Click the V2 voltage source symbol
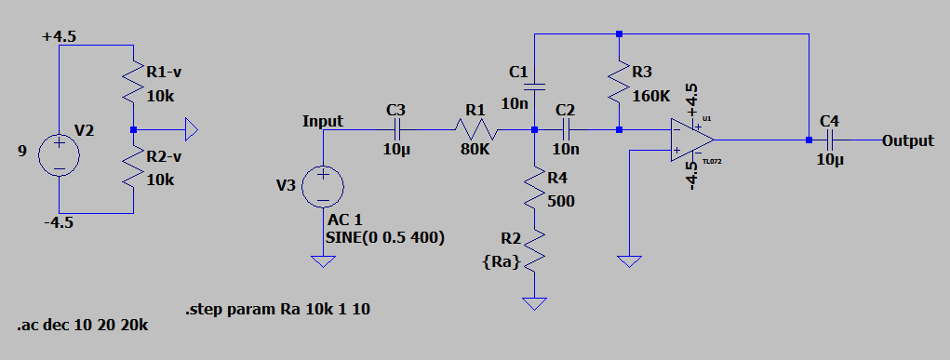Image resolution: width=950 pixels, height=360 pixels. pyautogui.click(x=59, y=155)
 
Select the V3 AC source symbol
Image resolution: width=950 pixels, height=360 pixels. pyautogui.click(x=323, y=186)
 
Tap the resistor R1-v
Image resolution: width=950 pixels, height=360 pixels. pyautogui.click(x=134, y=81)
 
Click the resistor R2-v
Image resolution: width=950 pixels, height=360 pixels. pyautogui.click(x=134, y=167)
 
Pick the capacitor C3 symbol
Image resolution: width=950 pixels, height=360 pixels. pyautogui.click(x=398, y=129)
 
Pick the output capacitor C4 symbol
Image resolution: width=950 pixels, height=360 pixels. pyautogui.click(x=829, y=140)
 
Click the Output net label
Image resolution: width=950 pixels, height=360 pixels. pyautogui.click(x=907, y=140)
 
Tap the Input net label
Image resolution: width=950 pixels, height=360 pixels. pyautogui.click(x=322, y=121)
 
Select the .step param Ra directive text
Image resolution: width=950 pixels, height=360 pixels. pyautogui.click(x=278, y=309)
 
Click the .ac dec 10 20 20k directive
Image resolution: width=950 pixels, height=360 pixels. pyautogui.click(x=82, y=326)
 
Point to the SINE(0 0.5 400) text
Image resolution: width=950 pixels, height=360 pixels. pyautogui.click(x=384, y=237)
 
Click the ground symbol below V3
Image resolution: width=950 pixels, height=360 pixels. pyautogui.click(x=323, y=261)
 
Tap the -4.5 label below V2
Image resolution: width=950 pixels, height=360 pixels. pyautogui.click(x=59, y=223)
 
